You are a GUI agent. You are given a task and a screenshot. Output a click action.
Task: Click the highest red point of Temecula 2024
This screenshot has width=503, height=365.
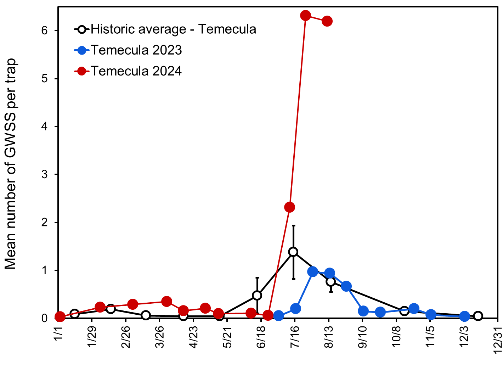[305, 16]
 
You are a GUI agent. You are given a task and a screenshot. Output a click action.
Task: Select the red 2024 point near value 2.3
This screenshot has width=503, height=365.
[290, 207]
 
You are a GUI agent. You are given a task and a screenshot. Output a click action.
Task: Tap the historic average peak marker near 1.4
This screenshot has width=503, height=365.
[293, 252]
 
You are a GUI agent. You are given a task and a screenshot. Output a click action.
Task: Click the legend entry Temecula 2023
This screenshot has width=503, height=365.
[136, 50]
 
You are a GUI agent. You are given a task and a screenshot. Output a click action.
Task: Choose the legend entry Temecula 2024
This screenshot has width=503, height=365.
[136, 71]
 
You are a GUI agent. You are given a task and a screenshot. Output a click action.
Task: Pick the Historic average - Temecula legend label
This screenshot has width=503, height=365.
[173, 29]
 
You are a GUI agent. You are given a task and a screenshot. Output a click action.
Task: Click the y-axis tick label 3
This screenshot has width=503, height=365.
[44, 174]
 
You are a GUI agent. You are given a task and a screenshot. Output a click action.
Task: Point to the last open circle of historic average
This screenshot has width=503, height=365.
[478, 316]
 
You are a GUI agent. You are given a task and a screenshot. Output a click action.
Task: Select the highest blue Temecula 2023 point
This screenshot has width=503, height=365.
[313, 272]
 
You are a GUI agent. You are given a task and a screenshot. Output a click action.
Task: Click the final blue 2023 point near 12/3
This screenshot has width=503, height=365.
[465, 316]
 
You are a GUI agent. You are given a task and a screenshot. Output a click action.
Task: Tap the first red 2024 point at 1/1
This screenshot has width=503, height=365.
[60, 317]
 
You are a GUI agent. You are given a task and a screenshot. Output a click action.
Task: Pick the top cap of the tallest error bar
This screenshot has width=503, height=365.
[293, 225]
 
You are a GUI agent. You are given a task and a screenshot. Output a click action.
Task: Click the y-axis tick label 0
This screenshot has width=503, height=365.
[44, 318]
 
